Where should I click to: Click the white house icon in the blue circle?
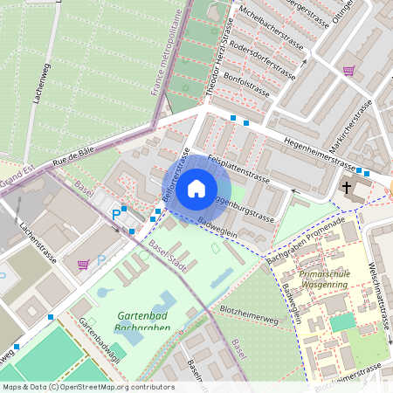pyautogui.click(x=196, y=188)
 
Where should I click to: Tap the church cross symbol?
pyautogui.click(x=346, y=188)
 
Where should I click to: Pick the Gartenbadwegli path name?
pyautogui.click(x=95, y=335)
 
